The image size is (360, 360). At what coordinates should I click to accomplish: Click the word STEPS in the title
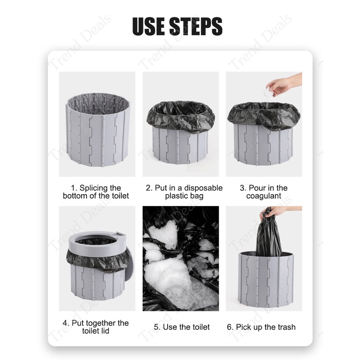(196, 26)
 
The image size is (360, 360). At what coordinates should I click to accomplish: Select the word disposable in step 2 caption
(203, 188)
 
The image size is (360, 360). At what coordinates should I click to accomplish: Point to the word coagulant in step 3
(263, 196)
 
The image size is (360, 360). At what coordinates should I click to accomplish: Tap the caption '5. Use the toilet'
(182, 327)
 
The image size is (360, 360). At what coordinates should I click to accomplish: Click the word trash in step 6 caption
(286, 327)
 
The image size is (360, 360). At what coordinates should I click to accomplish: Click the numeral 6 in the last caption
(229, 327)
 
